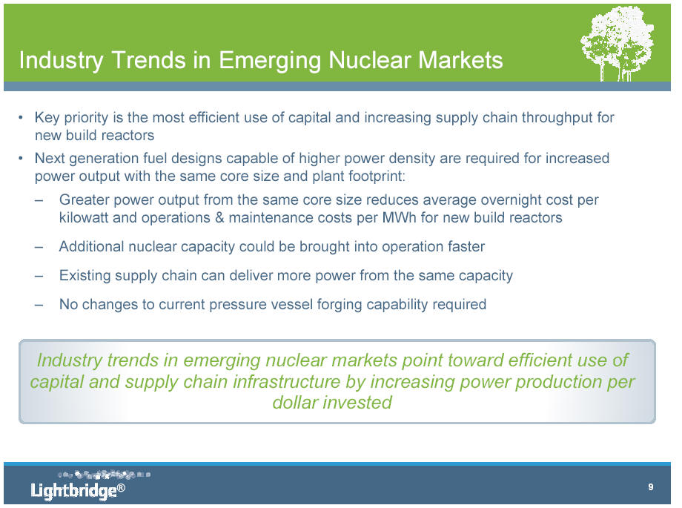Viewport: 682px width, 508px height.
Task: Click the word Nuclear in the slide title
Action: (x=369, y=60)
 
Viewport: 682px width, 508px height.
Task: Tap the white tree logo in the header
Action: (x=618, y=44)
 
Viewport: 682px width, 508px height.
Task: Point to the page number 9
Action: (x=651, y=486)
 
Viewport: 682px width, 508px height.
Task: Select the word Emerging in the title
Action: (x=269, y=61)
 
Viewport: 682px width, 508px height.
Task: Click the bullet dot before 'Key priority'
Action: (x=21, y=117)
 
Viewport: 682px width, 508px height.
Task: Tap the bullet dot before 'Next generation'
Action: (x=21, y=159)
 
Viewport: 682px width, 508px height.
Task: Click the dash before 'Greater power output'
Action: (x=39, y=201)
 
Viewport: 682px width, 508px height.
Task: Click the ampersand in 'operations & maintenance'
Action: (x=219, y=217)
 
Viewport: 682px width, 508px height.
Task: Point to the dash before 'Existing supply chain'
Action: (x=39, y=277)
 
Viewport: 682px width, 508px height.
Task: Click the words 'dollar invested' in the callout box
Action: (x=332, y=403)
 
